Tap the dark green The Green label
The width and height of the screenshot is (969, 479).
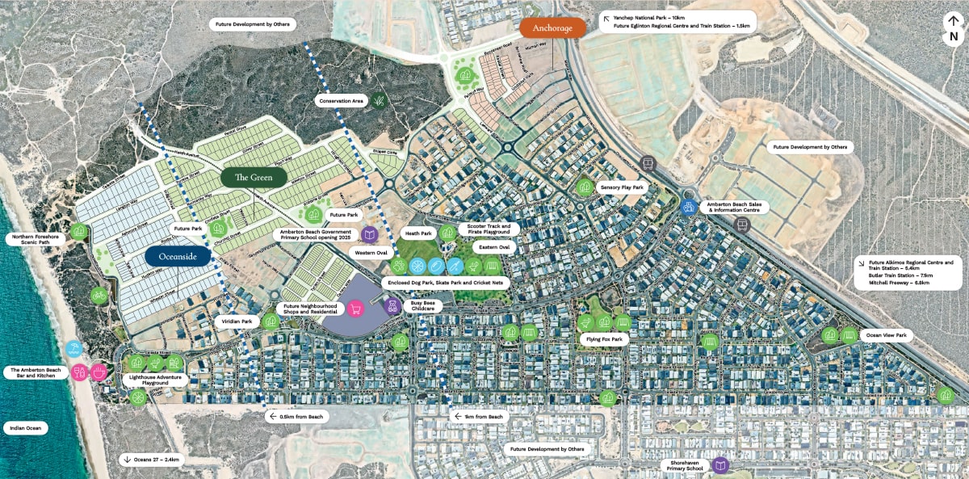pos(254,177)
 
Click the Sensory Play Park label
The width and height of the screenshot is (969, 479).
pos(622,187)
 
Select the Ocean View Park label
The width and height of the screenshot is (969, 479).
pos(886,334)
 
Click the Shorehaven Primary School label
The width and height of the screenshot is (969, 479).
pos(683,465)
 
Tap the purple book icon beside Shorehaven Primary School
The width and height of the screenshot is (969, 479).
pos(720,465)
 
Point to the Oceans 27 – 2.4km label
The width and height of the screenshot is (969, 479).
pos(153,459)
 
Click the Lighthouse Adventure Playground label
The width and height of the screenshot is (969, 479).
pos(156,380)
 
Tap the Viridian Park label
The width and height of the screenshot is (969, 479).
pos(237,321)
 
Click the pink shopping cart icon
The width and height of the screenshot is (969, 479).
pos(354,309)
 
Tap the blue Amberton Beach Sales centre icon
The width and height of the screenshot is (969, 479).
pos(689,207)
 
